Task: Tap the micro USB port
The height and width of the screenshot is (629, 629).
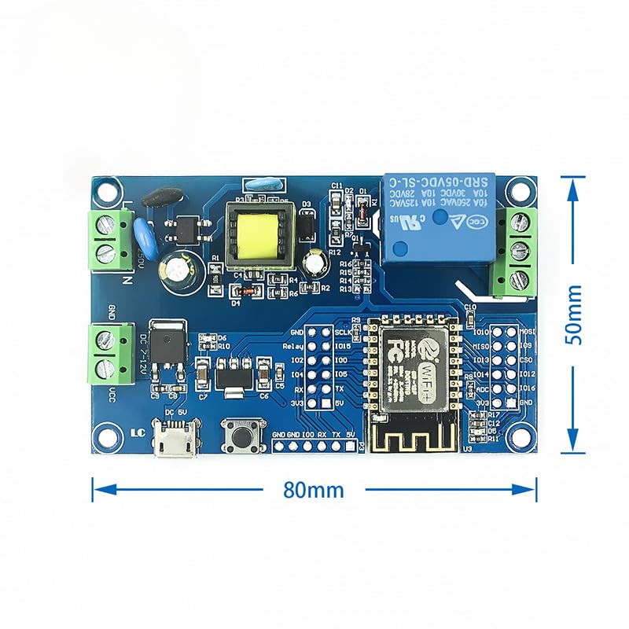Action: pos(170,442)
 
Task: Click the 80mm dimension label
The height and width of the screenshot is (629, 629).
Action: pos(314,489)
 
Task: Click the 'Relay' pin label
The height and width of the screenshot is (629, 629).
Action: pos(292,346)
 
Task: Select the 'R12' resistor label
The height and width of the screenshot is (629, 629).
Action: pos(335,252)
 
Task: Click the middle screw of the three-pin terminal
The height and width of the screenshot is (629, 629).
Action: pos(517,252)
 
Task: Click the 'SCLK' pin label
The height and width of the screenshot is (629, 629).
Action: pos(343,332)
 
